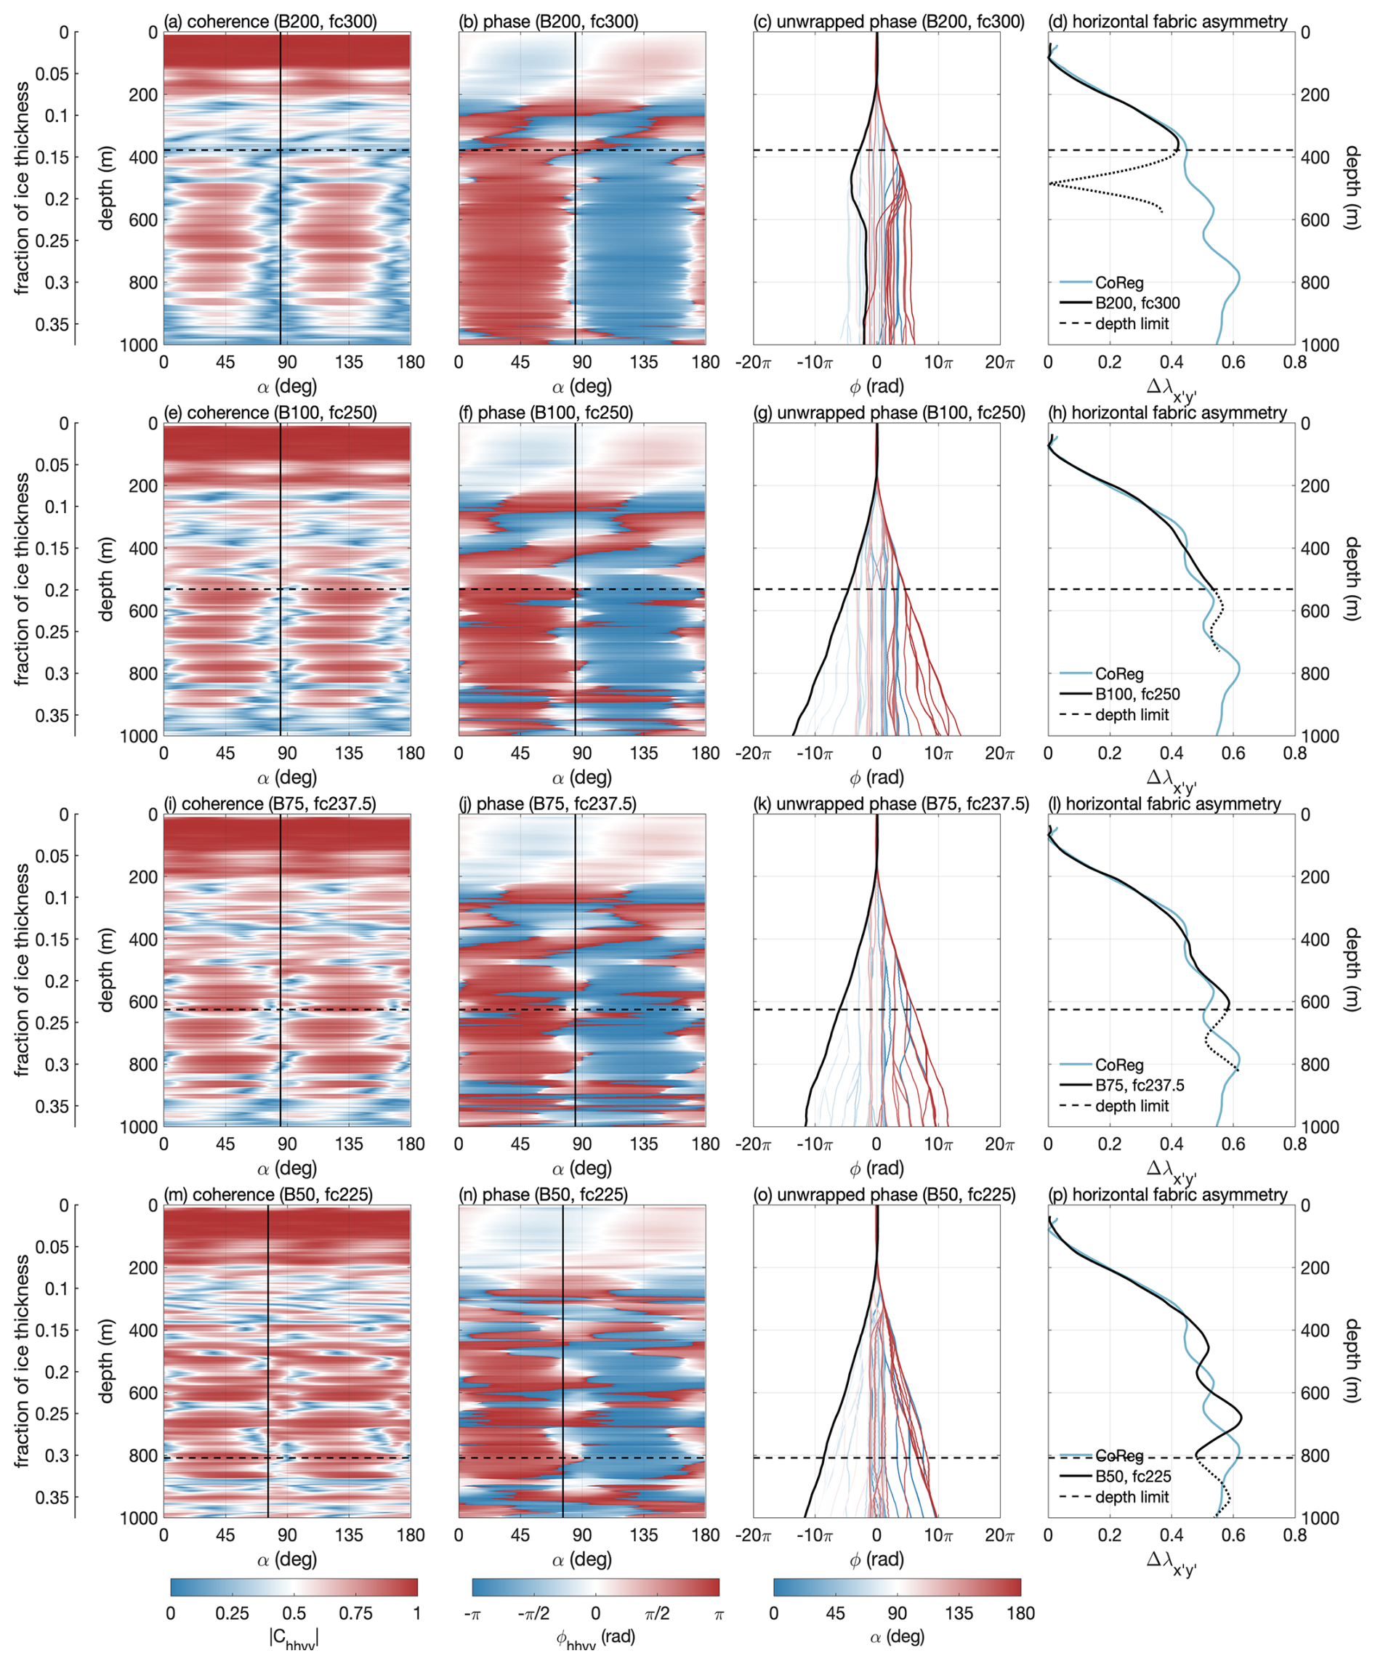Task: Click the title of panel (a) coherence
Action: click(x=270, y=21)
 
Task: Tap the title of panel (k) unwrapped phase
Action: click(x=891, y=804)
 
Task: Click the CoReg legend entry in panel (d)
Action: click(x=1118, y=283)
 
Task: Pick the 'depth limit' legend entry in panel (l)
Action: click(x=1131, y=1106)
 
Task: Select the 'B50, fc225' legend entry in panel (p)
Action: click(x=1133, y=1477)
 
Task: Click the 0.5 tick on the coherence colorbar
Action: click(x=294, y=1613)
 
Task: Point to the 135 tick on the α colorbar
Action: click(x=959, y=1613)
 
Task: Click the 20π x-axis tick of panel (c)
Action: click(x=999, y=363)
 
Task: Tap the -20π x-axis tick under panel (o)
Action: click(x=753, y=1535)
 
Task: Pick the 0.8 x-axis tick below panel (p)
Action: click(x=1294, y=1535)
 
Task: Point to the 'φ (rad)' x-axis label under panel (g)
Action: click(x=876, y=778)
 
